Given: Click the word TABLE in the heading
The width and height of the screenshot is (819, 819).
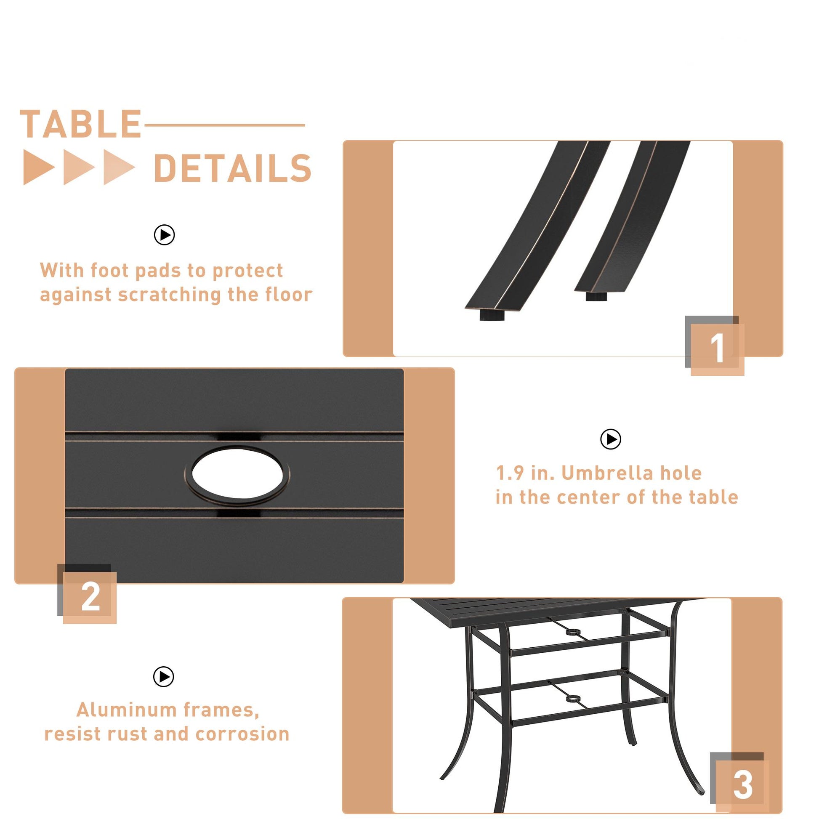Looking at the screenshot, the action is pos(80,124).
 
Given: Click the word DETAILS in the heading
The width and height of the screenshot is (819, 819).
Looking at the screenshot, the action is pos(233,168).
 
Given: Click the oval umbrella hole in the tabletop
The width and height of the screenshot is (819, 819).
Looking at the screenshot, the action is pos(237,475).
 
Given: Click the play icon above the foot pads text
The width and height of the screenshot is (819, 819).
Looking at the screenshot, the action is pos(165,235).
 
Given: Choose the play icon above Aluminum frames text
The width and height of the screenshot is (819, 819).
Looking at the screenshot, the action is pos(164,676).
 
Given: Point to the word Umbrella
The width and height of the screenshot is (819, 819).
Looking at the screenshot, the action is pos(632,473).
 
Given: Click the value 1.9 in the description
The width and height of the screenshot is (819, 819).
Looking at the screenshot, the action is pos(510,473).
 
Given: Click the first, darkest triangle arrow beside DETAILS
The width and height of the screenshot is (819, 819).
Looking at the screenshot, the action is pos(39,167).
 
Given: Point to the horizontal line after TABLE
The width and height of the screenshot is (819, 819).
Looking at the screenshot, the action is pos(225,125).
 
